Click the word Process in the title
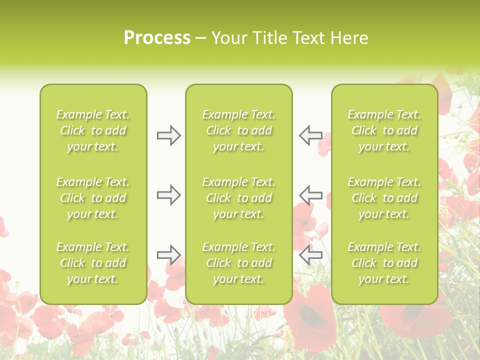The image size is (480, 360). coord(157,38)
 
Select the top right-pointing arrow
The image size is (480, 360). coord(168,135)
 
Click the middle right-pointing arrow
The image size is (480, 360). coord(168,195)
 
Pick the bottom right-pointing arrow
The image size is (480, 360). coord(168,255)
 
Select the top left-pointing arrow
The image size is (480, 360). coord(310,135)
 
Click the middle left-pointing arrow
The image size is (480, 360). coord(310,195)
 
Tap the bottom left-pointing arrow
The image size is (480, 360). coord(310,255)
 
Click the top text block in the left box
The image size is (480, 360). coord(93,130)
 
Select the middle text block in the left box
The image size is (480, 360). coord(93,198)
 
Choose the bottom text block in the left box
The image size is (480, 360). coord(93,263)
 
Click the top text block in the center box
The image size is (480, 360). coord(238,130)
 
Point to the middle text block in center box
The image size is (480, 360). coord(238,198)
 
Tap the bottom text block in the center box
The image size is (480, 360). coord(238,263)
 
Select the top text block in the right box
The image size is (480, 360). coord(384,130)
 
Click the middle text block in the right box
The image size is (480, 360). coord(384,198)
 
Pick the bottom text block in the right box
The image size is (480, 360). coord(384,263)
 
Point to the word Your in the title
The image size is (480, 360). coord(227,38)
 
